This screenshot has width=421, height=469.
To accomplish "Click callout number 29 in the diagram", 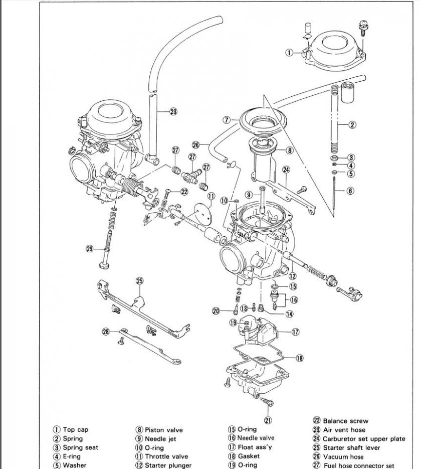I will (90, 249).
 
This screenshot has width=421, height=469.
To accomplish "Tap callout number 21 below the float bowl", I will (268, 420).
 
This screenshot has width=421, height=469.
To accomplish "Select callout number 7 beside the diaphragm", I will (227, 120).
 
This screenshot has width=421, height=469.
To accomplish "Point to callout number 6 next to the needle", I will (350, 191).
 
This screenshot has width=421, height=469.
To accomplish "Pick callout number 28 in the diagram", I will (106, 332).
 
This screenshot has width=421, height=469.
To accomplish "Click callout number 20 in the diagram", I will (216, 311).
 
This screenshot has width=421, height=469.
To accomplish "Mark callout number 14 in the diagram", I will (289, 314).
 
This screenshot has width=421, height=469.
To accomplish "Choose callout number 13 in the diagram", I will (244, 308).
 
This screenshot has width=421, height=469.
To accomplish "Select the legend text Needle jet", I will (160, 439).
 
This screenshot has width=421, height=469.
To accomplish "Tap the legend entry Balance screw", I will (345, 421).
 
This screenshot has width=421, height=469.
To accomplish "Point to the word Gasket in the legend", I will (249, 456).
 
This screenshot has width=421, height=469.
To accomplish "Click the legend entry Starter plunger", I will (168, 465).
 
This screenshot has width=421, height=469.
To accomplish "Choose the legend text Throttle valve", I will (167, 456).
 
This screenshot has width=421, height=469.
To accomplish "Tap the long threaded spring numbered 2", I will (334, 120).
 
